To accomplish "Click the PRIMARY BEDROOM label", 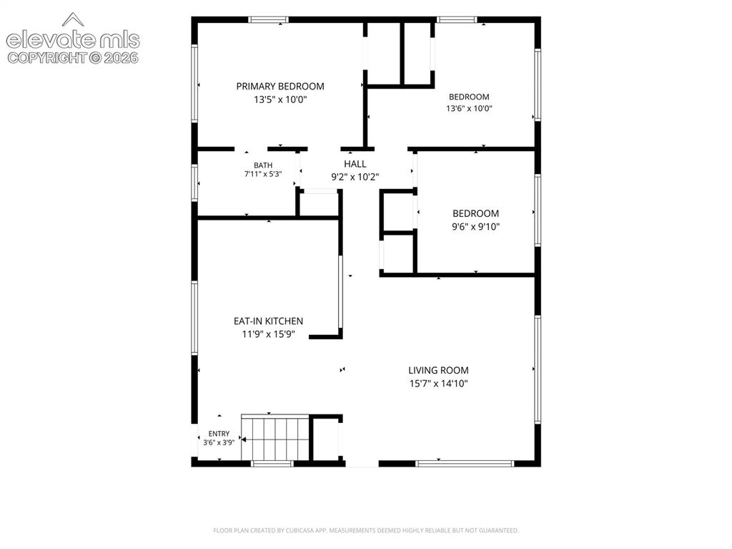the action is click(x=280, y=86).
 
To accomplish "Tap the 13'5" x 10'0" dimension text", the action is click(x=280, y=99).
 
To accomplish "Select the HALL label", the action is click(x=355, y=164).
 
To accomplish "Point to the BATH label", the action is click(x=263, y=165).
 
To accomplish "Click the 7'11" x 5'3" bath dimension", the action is click(x=263, y=174).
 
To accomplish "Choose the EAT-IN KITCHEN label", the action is click(x=269, y=321).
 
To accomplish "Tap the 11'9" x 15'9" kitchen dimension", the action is click(x=269, y=334).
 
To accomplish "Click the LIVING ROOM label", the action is click(x=438, y=370).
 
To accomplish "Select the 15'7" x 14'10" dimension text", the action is click(x=438, y=384).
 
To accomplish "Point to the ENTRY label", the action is click(x=219, y=434).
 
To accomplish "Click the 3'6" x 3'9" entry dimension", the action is click(x=219, y=442).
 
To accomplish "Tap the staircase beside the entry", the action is click(x=275, y=438).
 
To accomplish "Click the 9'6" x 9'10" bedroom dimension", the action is click(x=475, y=227).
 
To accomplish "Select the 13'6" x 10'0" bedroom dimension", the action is click(x=469, y=109).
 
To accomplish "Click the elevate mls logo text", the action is click(x=73, y=40).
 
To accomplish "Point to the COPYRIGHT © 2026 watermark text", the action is click(x=73, y=58).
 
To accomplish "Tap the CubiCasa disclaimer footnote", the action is click(x=366, y=530).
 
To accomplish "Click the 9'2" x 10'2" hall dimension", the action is click(x=355, y=177).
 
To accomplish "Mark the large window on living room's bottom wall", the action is click(x=465, y=464).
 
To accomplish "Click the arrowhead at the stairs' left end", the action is click(x=243, y=439).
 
